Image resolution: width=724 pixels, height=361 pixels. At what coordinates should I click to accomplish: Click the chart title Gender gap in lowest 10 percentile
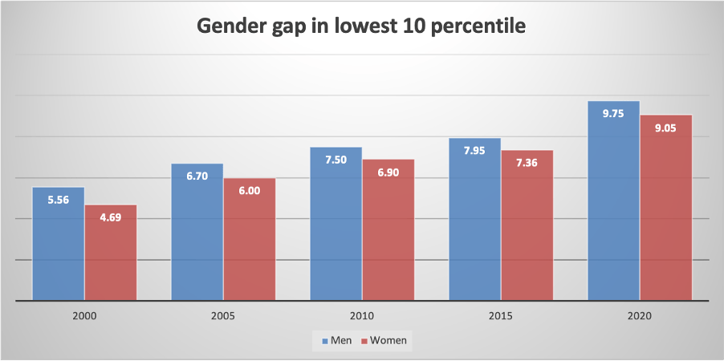[362, 26]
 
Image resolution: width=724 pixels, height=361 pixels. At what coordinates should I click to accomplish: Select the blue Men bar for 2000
[59, 249]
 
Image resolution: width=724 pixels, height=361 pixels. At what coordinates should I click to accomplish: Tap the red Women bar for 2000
[111, 257]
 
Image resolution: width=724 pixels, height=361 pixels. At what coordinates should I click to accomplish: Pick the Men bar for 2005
[197, 237]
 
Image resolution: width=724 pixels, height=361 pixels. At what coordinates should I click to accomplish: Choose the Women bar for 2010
[388, 233]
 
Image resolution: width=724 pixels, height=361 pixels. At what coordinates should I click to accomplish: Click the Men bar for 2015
[475, 225]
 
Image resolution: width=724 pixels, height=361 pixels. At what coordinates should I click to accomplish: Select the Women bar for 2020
[666, 213]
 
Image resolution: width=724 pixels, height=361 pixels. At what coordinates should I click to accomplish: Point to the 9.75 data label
[614, 114]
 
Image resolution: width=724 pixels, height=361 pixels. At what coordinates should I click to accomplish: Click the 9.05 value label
[666, 128]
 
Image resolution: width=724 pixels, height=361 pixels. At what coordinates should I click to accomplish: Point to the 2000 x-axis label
[84, 316]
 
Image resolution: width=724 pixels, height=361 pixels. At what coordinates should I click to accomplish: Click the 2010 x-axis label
[362, 316]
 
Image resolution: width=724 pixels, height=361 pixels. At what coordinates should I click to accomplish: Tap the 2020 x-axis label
[640, 316]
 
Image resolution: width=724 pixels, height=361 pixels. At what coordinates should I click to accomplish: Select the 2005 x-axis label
[223, 316]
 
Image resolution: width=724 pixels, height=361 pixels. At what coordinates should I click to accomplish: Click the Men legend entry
[336, 340]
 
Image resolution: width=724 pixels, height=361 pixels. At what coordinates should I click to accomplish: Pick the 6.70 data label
[197, 176]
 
